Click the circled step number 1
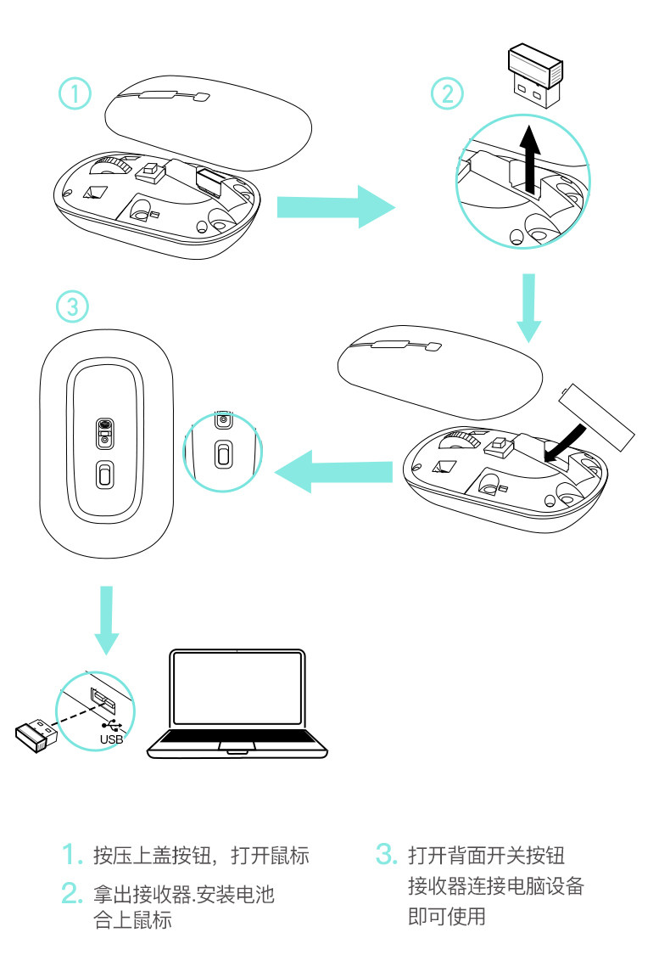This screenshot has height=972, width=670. (x=75, y=94)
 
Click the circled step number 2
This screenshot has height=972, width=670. (x=447, y=93)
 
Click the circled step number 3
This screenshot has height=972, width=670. (x=72, y=306)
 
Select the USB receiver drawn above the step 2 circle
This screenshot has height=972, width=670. (x=535, y=77)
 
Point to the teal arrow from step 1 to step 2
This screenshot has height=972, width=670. (x=336, y=205)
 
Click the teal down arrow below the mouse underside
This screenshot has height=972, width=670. (x=105, y=620)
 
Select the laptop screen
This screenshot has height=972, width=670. (x=237, y=690)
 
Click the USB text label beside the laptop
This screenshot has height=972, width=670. (x=111, y=739)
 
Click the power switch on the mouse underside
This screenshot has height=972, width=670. (x=104, y=475)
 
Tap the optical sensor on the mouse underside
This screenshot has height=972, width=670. (x=104, y=428)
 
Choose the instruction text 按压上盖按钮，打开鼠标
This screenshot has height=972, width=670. (x=201, y=855)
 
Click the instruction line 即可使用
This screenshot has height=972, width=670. (x=446, y=917)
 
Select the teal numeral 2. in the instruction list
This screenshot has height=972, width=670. (x=71, y=893)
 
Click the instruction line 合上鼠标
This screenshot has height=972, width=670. (x=132, y=919)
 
